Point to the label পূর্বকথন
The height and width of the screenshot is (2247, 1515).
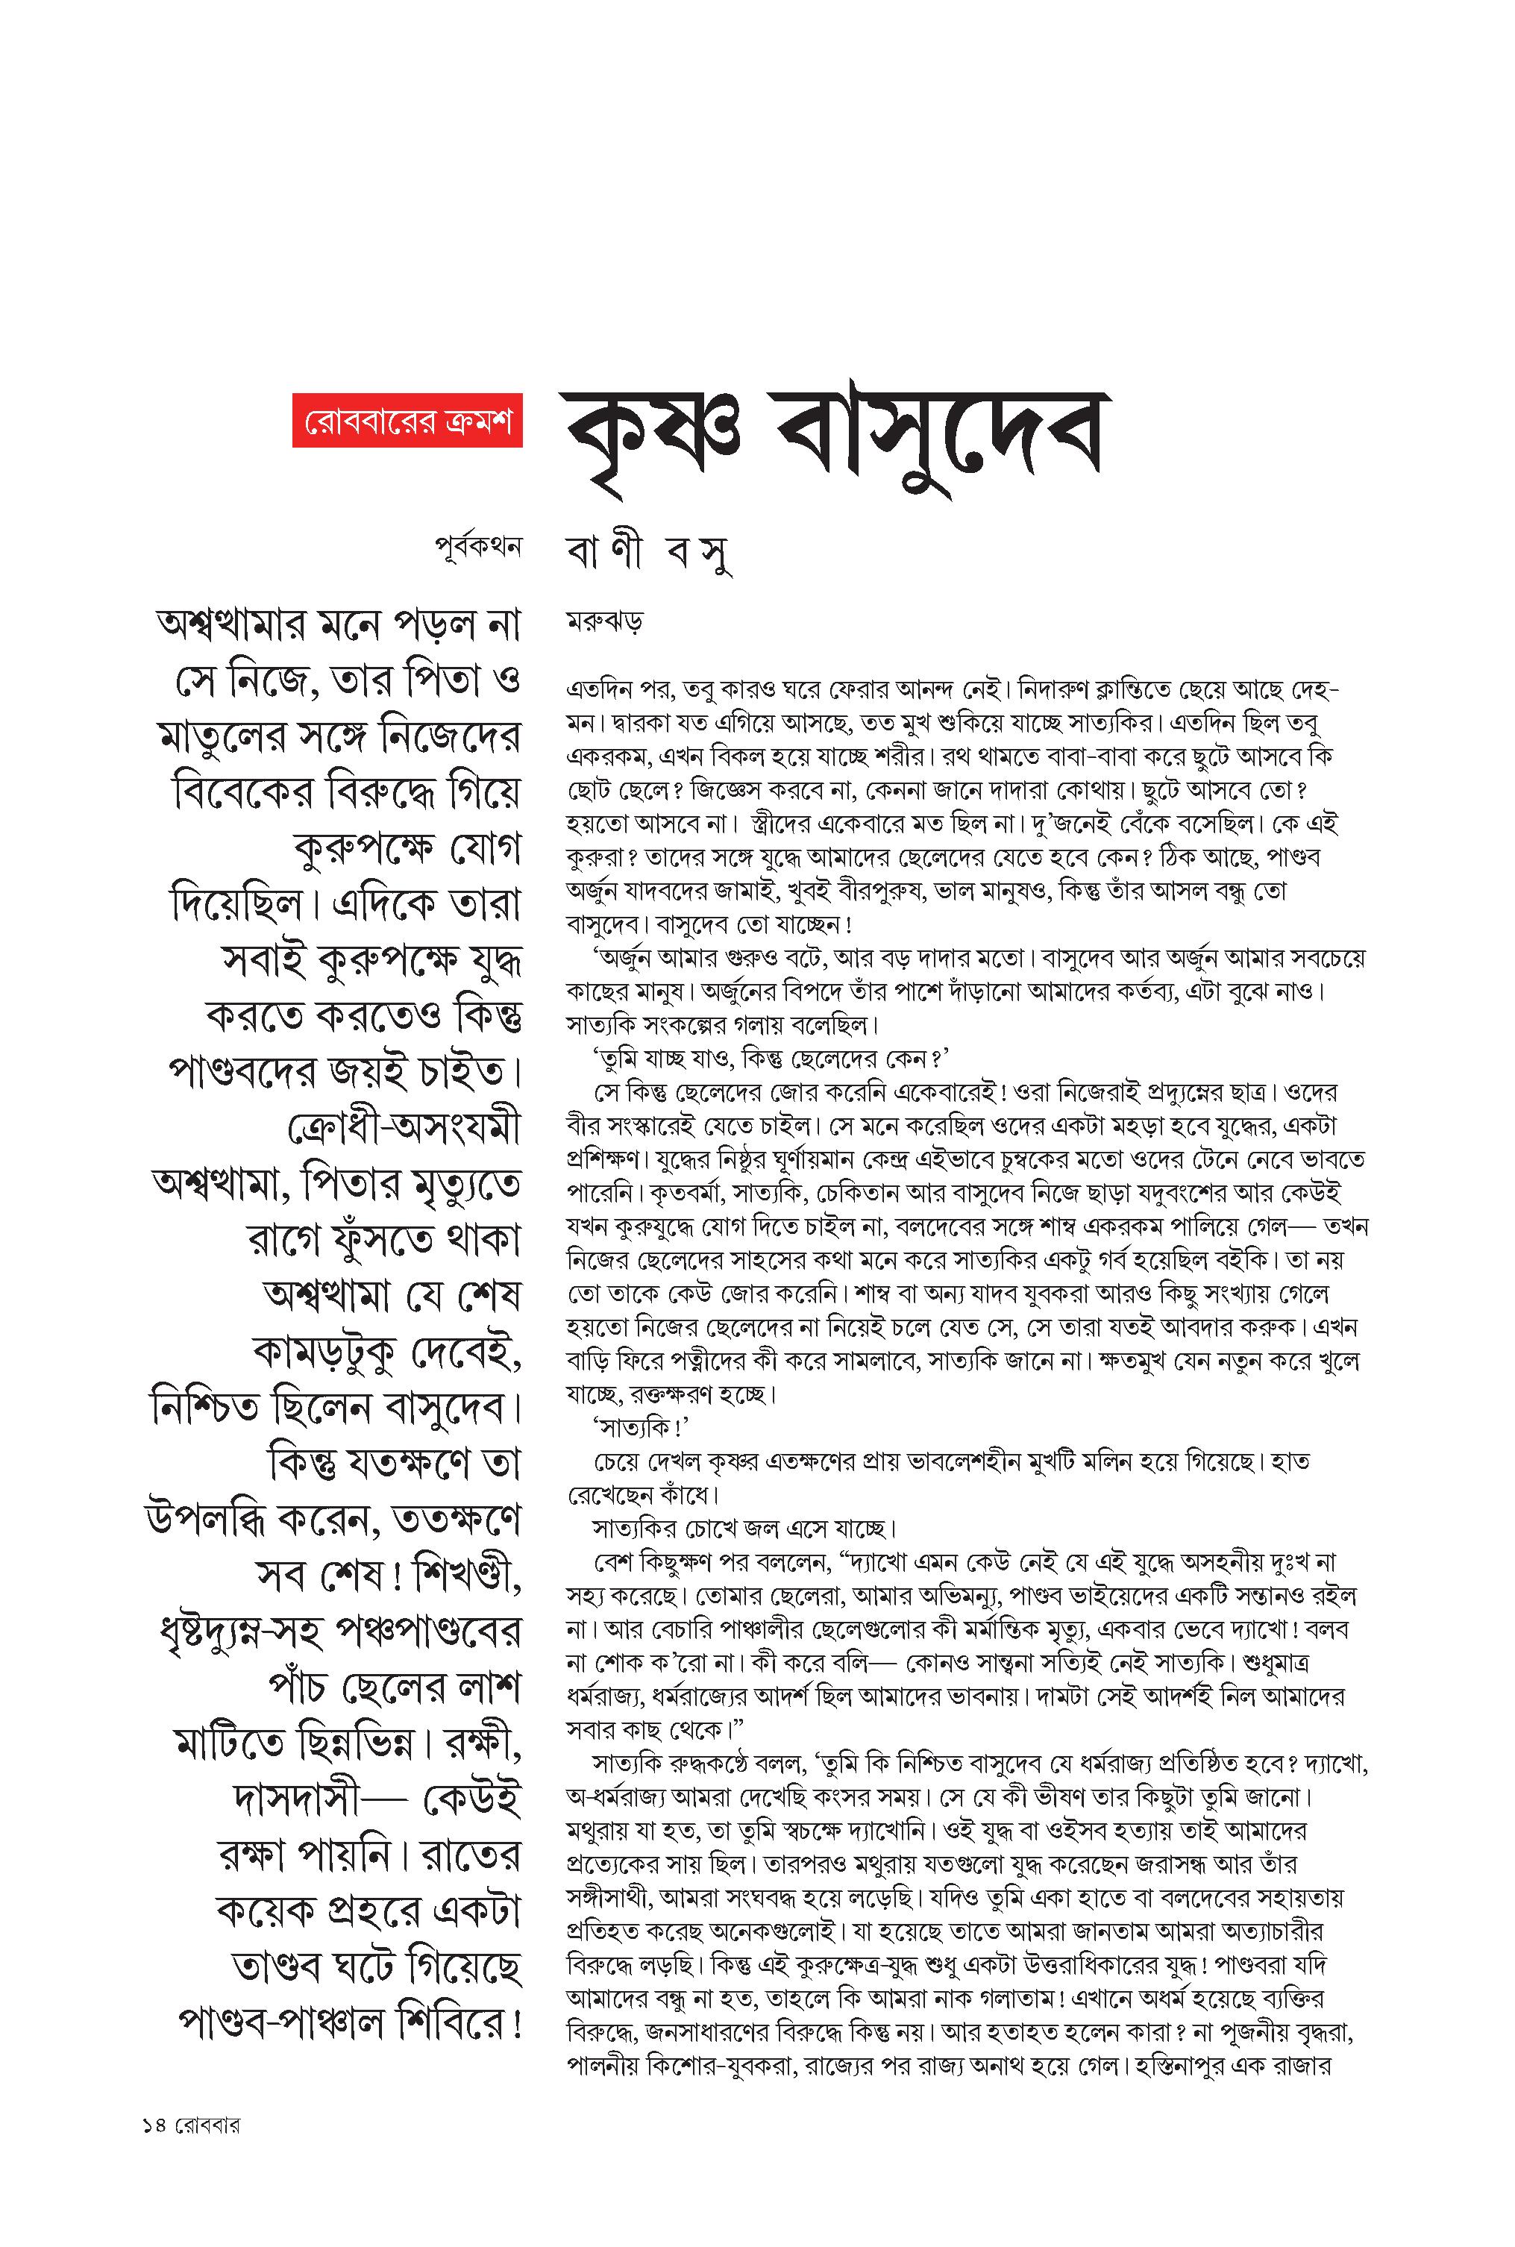[478, 547]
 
